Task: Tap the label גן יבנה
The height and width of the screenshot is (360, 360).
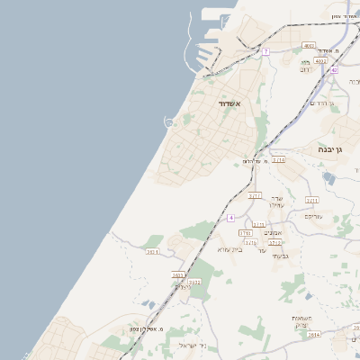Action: point(332,150)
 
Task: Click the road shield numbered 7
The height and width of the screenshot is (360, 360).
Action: point(265,51)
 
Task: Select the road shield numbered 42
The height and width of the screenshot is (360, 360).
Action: point(333,69)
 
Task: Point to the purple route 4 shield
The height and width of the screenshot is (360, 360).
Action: point(231,218)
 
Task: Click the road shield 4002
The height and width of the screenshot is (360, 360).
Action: point(309,45)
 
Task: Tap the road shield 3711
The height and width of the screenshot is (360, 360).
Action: point(312,200)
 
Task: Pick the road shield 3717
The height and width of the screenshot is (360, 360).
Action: point(256,194)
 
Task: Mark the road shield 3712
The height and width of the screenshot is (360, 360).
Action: point(274,242)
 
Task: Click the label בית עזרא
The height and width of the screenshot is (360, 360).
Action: point(231,249)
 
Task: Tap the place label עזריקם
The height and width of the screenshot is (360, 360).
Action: point(313,216)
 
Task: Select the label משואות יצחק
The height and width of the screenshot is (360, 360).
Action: point(301,321)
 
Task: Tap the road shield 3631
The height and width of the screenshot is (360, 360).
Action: point(152,252)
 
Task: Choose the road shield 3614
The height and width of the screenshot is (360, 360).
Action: point(312,334)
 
